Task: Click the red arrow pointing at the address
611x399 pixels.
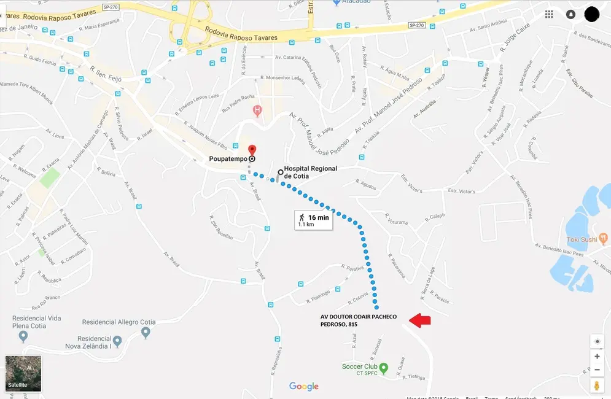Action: (x=420, y=320)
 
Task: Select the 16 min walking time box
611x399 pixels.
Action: (x=314, y=220)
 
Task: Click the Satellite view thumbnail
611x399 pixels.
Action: (x=23, y=373)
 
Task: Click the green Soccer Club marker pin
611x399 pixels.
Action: (x=384, y=368)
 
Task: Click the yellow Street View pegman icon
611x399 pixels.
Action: (x=597, y=385)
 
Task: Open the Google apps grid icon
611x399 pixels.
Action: (x=549, y=14)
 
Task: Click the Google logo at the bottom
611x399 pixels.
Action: (x=304, y=386)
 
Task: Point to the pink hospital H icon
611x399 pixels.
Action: (x=257, y=111)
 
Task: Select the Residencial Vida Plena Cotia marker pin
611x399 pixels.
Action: (x=23, y=336)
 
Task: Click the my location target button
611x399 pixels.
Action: (x=597, y=341)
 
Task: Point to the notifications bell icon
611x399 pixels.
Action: (x=570, y=14)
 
